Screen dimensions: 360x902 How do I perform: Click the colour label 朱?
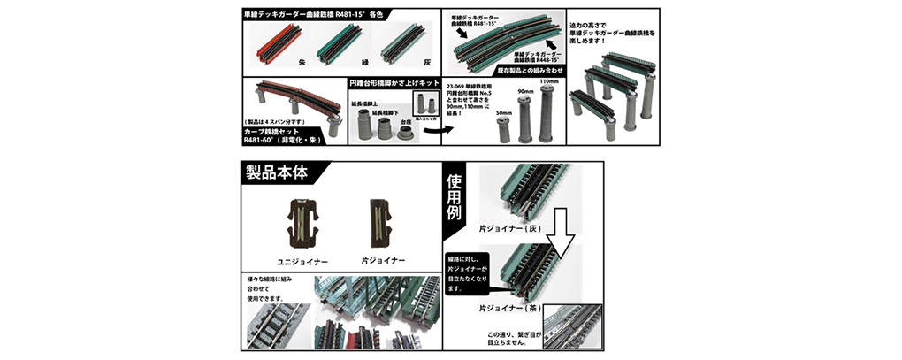click(x=301, y=64)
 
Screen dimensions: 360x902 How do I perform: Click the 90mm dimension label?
click(x=525, y=91)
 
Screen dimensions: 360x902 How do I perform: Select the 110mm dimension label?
click(x=548, y=81)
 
